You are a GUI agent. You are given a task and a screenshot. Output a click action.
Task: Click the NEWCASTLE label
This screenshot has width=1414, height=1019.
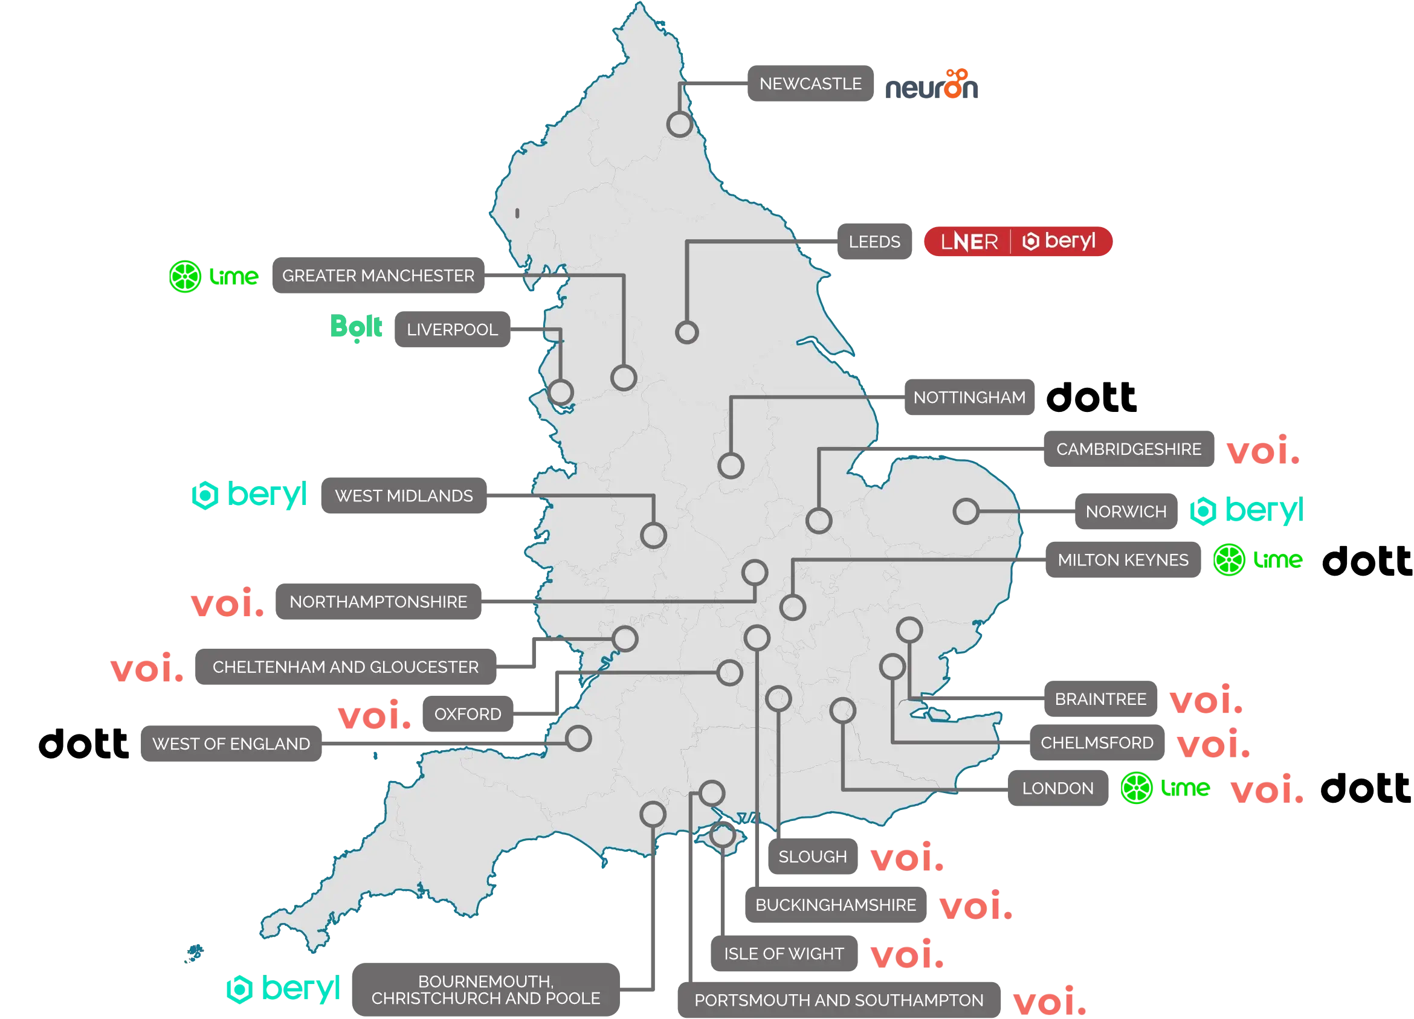809,83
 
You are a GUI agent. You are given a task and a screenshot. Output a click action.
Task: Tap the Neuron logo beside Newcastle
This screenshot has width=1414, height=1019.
932,86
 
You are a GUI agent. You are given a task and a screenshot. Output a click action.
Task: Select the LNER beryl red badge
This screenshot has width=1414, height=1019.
1018,241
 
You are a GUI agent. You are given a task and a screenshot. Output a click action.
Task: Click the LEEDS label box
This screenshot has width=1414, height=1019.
874,242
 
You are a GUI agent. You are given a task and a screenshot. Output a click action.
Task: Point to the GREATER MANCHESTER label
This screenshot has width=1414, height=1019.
378,275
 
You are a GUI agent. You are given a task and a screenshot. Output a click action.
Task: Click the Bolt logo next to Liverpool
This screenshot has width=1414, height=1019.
357,327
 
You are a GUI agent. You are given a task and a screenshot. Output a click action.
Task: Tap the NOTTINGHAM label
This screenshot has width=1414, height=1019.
969,397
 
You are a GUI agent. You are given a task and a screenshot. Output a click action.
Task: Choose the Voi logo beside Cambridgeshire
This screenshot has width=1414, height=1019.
1262,449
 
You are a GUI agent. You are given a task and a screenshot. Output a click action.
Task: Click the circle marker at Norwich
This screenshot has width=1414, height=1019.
966,511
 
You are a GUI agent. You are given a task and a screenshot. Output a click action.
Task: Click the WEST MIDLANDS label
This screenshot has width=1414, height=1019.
404,496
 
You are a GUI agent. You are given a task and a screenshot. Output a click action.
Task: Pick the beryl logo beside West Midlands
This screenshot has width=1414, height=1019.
250,495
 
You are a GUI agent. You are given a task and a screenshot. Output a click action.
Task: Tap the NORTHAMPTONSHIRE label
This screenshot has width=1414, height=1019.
378,602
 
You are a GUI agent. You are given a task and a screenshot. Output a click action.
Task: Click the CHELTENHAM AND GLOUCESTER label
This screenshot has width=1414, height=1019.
346,667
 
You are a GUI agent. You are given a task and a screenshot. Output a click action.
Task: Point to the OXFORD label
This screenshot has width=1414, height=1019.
468,714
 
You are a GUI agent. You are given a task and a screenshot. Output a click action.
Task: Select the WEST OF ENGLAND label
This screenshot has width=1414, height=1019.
231,744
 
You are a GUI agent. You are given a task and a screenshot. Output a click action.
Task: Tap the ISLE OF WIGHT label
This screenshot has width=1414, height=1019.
784,954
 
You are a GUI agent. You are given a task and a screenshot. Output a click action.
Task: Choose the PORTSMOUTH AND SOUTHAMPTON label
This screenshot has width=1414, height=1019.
839,1000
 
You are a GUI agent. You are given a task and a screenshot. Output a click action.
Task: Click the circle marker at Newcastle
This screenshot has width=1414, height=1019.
680,124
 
